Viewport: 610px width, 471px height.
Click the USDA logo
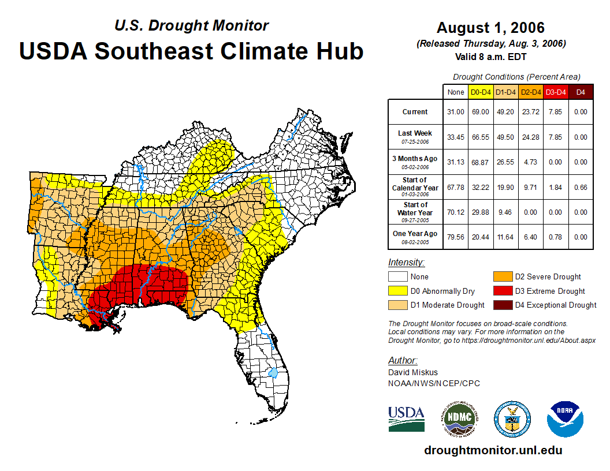pyautogui.click(x=406, y=418)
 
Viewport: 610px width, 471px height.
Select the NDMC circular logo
pyautogui.click(x=458, y=418)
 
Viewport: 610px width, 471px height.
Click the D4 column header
pyautogui.click(x=581, y=92)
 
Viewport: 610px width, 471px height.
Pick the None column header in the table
pyautogui.click(x=456, y=92)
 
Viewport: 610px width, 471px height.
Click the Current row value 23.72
pyautogui.click(x=530, y=112)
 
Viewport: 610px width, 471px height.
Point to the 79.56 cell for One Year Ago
pyautogui.click(x=456, y=237)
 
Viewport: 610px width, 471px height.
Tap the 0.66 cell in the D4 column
pyautogui.click(x=581, y=187)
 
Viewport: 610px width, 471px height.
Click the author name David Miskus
pyautogui.click(x=413, y=372)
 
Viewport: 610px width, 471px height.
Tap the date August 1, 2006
pyautogui.click(x=490, y=28)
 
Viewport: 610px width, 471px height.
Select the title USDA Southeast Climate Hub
pyautogui.click(x=191, y=51)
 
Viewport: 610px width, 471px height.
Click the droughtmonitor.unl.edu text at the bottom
pyautogui.click(x=493, y=450)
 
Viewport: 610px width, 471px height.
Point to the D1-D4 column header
pyautogui.click(x=505, y=92)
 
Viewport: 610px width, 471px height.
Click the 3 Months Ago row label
pyautogui.click(x=415, y=162)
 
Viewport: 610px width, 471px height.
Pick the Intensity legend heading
pyautogui.click(x=406, y=263)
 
